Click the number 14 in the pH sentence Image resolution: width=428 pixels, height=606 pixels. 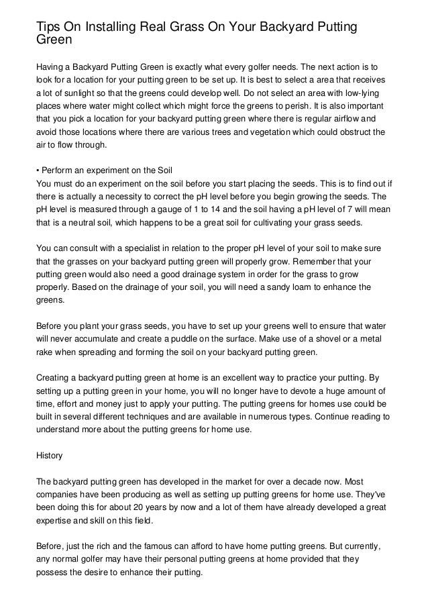(219, 210)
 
